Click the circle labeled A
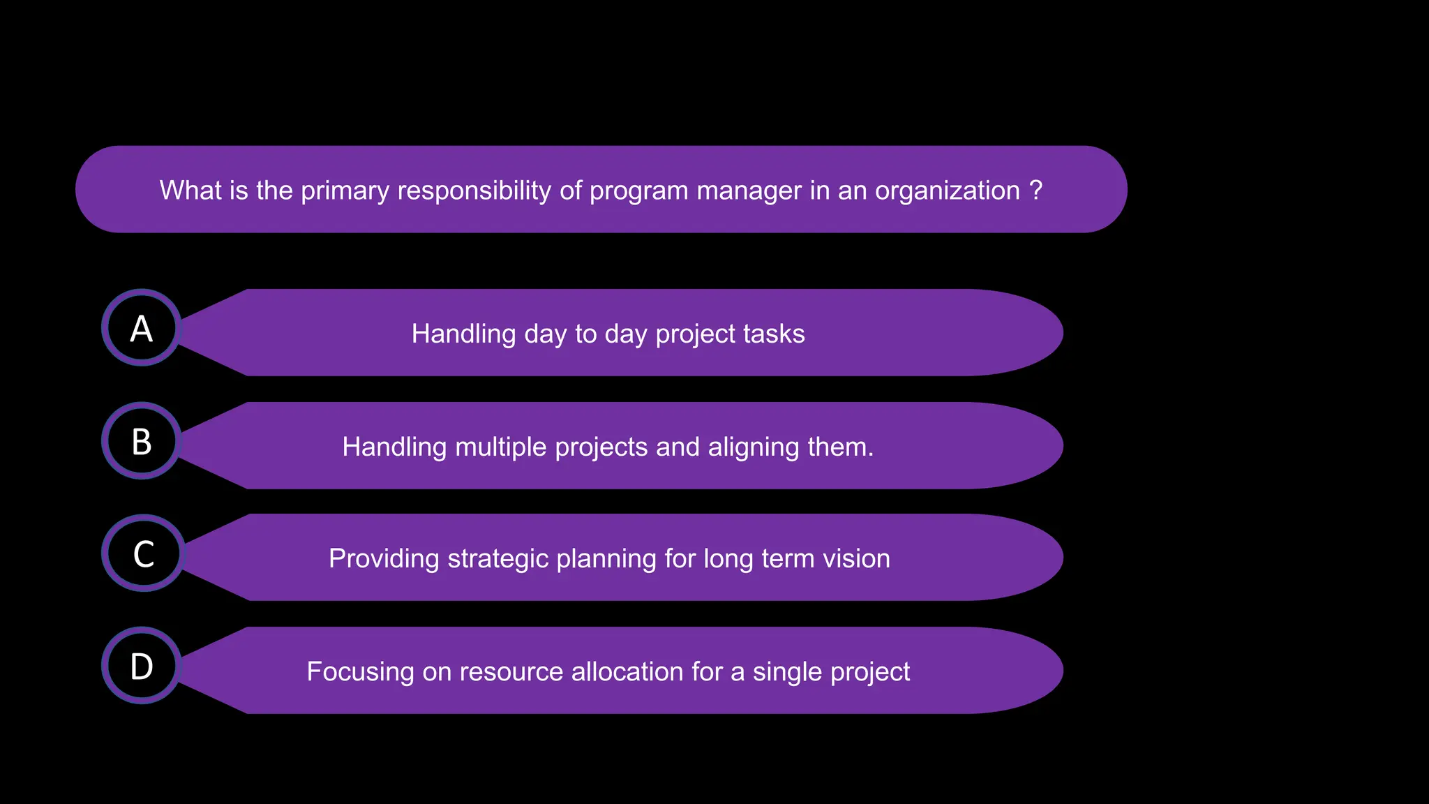click(x=142, y=328)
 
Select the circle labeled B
click(x=142, y=441)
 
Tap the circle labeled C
click(x=143, y=553)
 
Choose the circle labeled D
click(x=142, y=666)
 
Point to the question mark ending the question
click(x=1036, y=190)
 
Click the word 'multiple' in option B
click(x=500, y=447)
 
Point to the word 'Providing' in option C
click(x=384, y=559)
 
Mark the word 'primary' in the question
click(x=345, y=191)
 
